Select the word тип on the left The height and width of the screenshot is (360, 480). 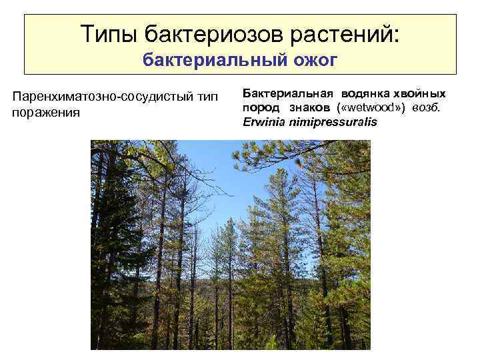point(205,97)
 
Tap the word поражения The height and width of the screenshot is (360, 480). point(46,112)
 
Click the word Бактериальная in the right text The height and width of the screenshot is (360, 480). point(287,93)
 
